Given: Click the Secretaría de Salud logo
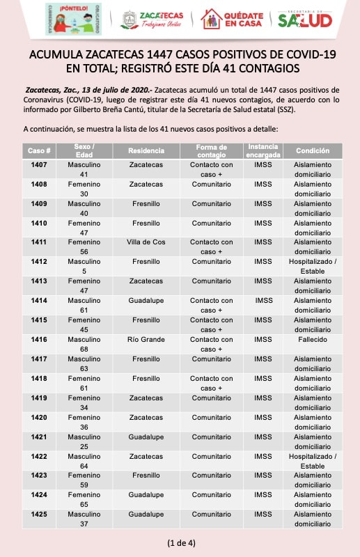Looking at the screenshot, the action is click(305, 19).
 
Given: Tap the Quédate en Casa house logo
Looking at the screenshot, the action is click(232, 19).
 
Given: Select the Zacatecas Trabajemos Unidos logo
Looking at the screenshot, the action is click(152, 19).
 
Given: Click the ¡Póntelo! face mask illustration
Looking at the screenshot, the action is click(74, 19).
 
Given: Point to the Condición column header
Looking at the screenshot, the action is click(313, 150).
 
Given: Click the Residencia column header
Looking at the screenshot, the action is click(146, 150).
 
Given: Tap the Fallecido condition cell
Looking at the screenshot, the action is click(313, 339).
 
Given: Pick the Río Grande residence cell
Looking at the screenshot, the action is click(146, 339).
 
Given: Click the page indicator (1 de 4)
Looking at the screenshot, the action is click(181, 543).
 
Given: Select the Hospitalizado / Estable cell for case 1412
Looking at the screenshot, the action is click(313, 266).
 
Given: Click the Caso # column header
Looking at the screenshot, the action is click(39, 150).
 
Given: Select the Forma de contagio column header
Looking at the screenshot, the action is click(212, 150).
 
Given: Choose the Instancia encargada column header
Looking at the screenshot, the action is click(263, 150).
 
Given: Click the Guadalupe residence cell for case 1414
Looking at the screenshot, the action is click(146, 301).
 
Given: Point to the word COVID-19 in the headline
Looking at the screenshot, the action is click(311, 54).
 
